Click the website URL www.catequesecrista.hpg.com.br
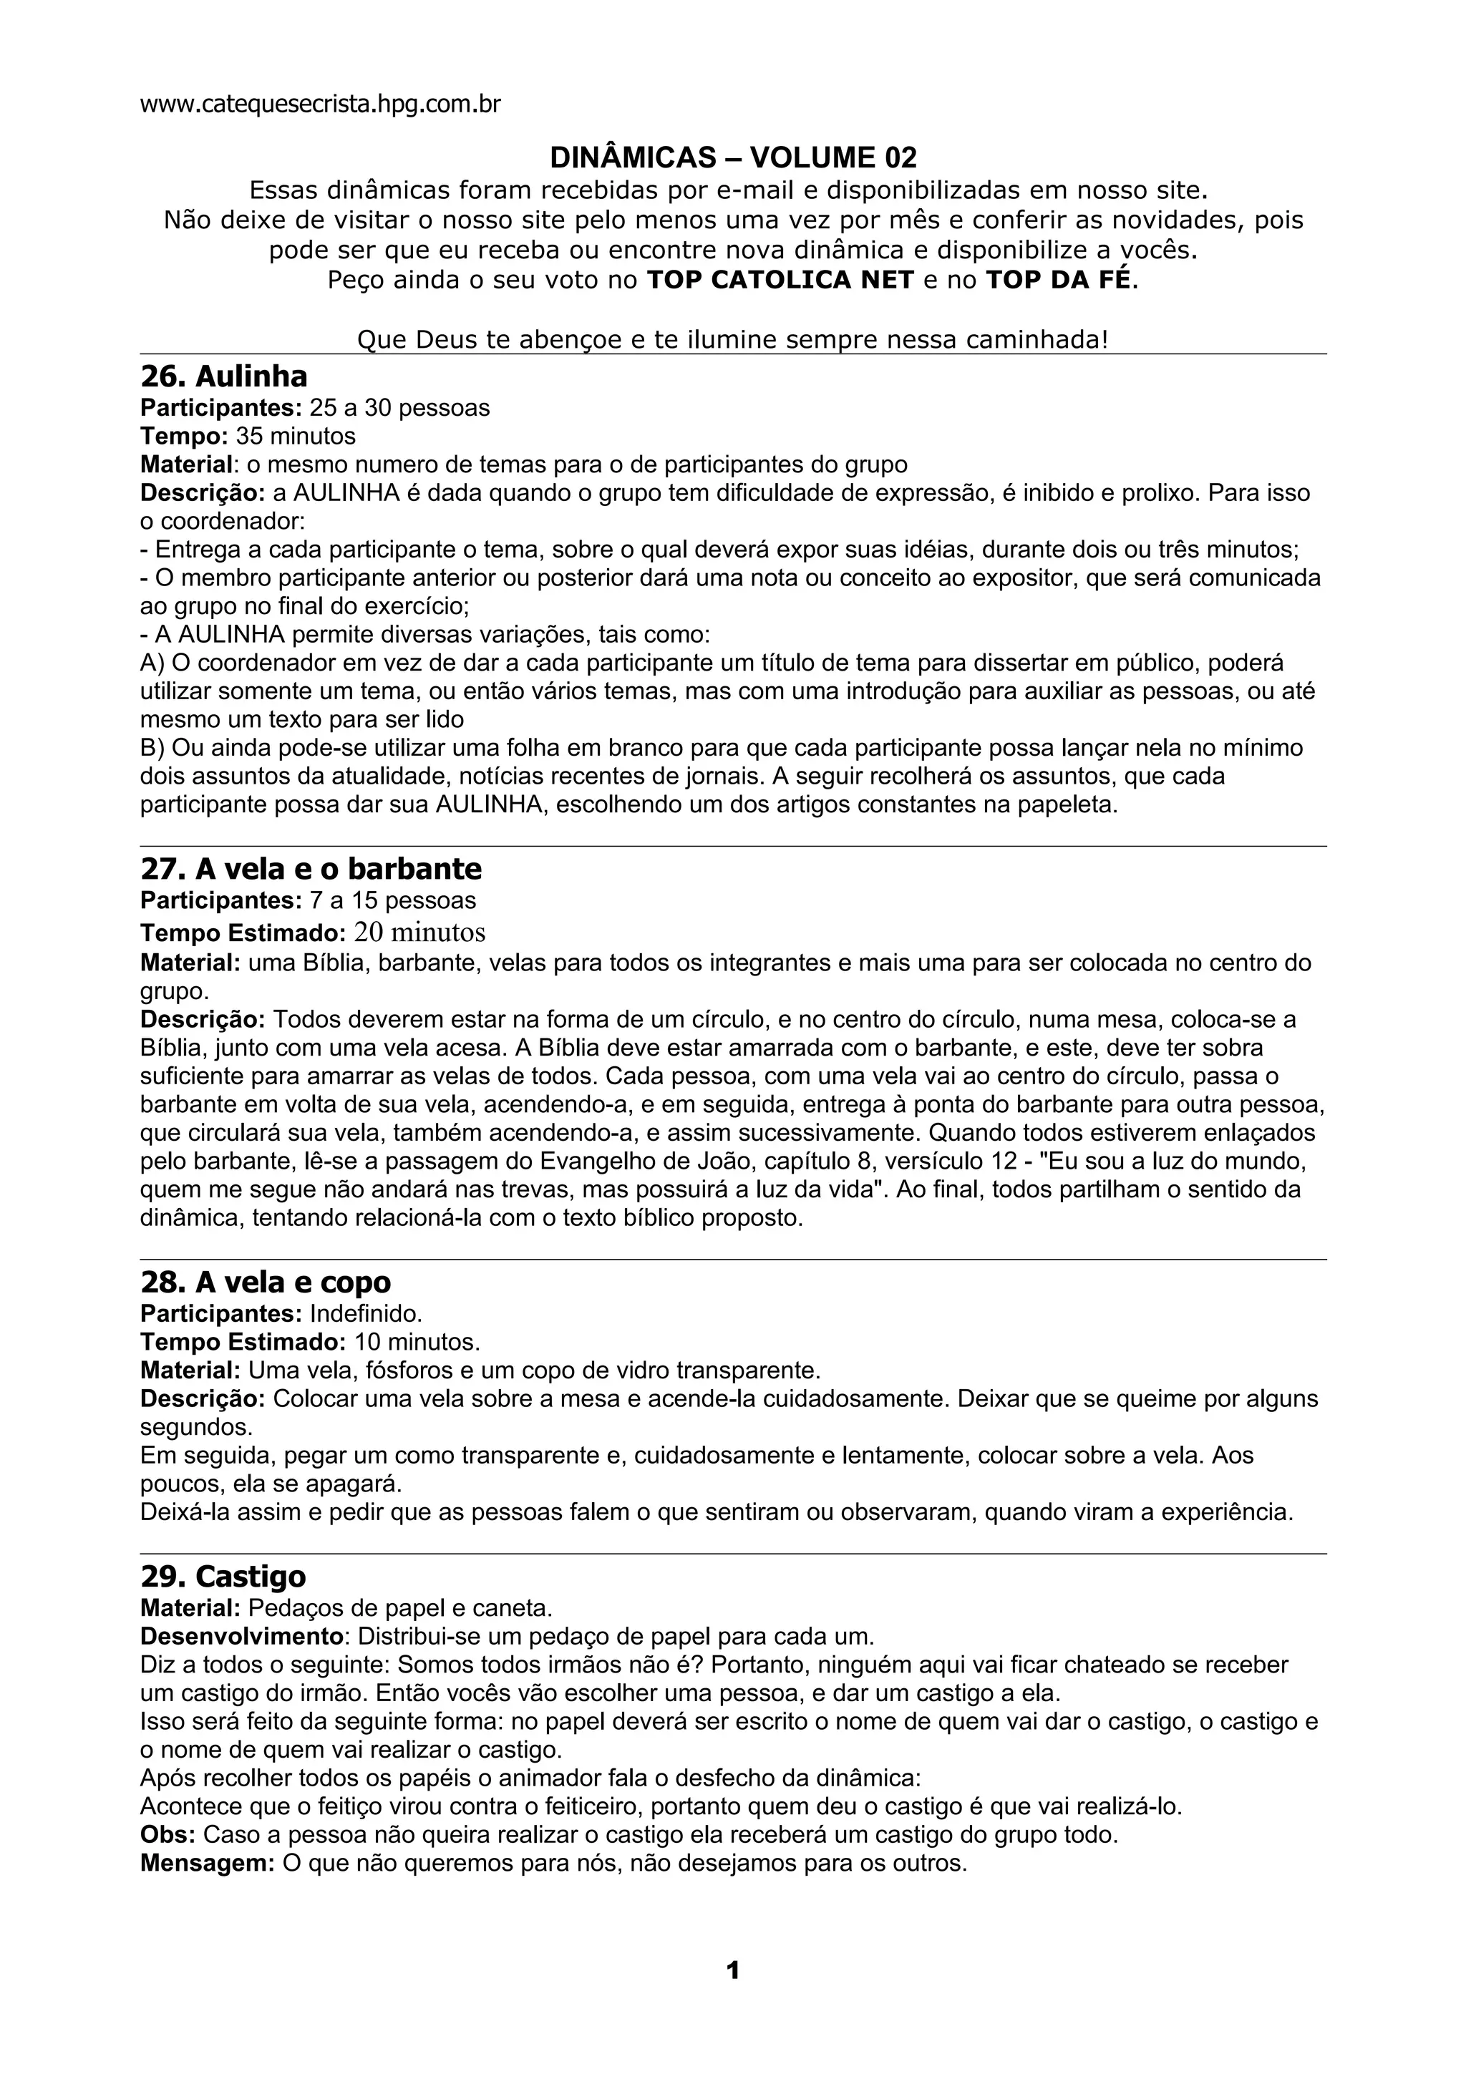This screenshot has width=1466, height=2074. (x=320, y=104)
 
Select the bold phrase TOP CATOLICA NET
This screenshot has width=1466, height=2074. (x=780, y=280)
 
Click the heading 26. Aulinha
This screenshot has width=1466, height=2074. (x=223, y=376)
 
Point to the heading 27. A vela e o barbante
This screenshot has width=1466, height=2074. (x=311, y=868)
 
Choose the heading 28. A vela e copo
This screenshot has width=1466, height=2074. (x=266, y=1282)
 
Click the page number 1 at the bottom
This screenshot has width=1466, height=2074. (x=732, y=1970)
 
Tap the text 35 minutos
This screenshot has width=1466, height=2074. (x=296, y=437)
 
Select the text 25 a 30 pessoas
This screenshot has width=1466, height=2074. (x=399, y=409)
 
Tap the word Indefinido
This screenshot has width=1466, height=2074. (x=366, y=1313)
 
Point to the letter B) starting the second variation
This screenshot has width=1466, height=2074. (x=152, y=748)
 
